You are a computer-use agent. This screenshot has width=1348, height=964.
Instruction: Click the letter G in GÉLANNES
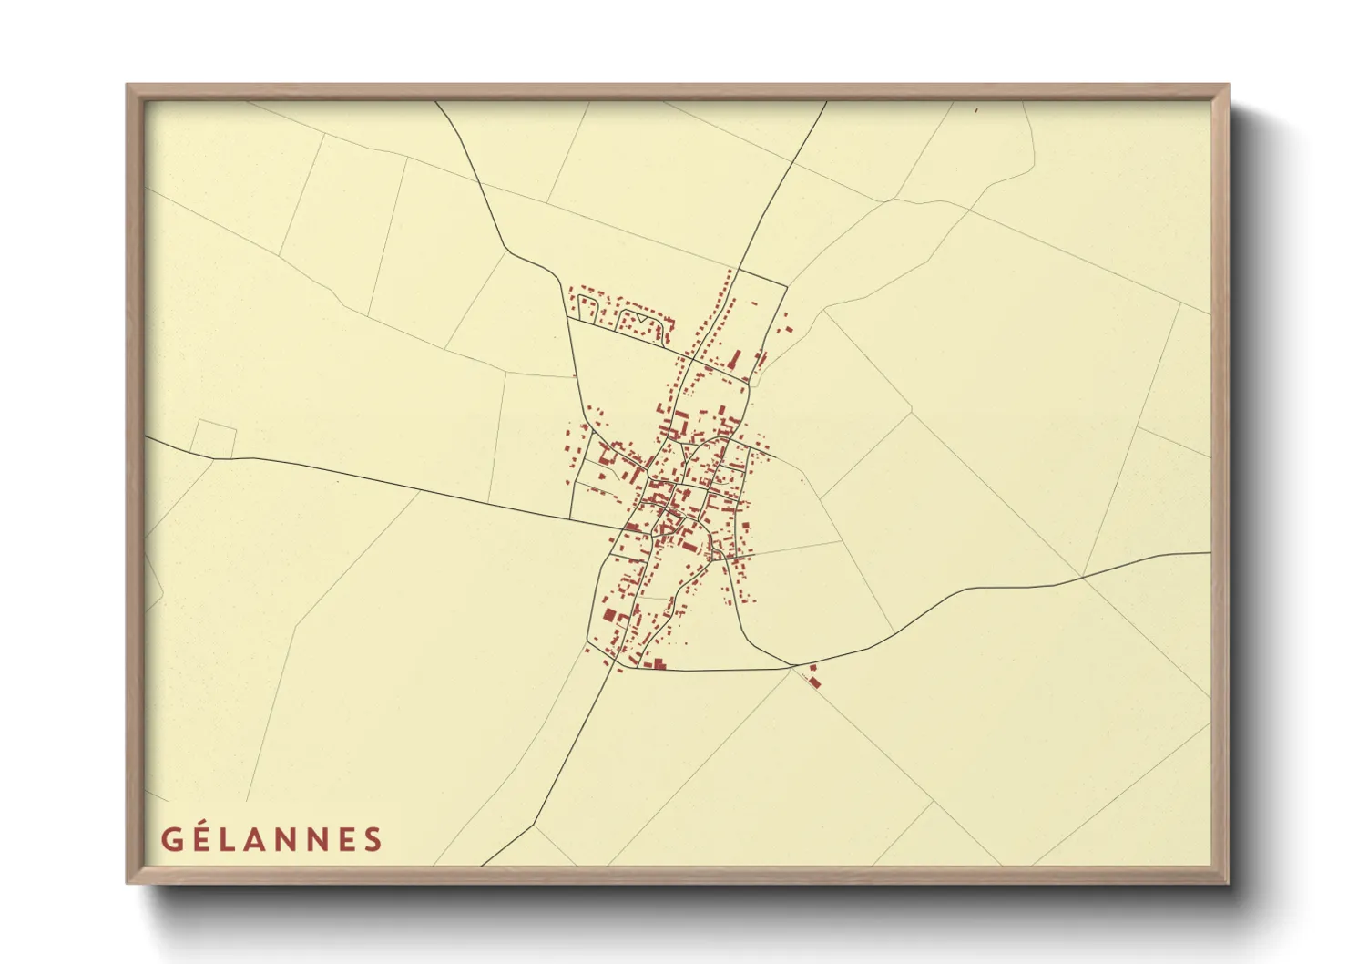(x=170, y=839)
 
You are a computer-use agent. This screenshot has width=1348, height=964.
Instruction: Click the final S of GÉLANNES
(x=373, y=839)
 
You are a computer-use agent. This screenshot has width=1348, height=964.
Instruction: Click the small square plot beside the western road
(x=214, y=439)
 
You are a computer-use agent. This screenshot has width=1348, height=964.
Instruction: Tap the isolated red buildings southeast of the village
(x=813, y=679)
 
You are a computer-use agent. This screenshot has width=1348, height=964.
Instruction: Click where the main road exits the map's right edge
(x=1210, y=552)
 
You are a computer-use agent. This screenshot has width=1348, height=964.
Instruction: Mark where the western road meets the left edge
(x=146, y=436)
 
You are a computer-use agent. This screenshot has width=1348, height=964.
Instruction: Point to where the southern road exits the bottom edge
(x=482, y=865)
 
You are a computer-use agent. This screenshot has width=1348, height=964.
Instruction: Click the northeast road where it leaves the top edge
(x=826, y=101)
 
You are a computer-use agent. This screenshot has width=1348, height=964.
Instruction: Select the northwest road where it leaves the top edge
(x=435, y=101)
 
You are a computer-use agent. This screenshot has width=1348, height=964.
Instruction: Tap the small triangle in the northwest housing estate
(x=644, y=322)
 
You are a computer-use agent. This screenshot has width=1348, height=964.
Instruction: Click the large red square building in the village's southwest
(x=609, y=615)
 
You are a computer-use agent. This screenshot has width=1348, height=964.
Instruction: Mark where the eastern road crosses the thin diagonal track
(x=1082, y=576)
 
